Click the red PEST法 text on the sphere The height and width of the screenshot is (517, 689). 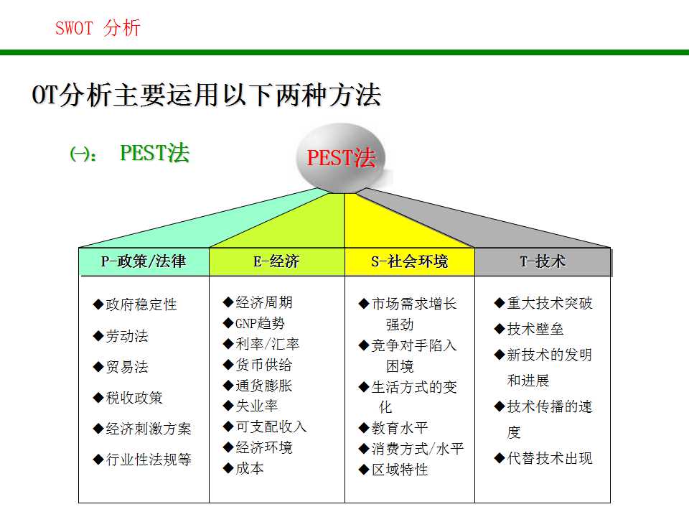341,158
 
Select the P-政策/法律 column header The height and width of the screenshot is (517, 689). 144,262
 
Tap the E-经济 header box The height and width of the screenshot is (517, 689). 276,262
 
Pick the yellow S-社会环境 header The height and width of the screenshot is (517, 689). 409,262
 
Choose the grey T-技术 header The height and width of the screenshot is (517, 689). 543,262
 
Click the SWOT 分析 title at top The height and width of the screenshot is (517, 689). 98,29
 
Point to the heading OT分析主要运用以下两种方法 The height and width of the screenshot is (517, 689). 207,96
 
